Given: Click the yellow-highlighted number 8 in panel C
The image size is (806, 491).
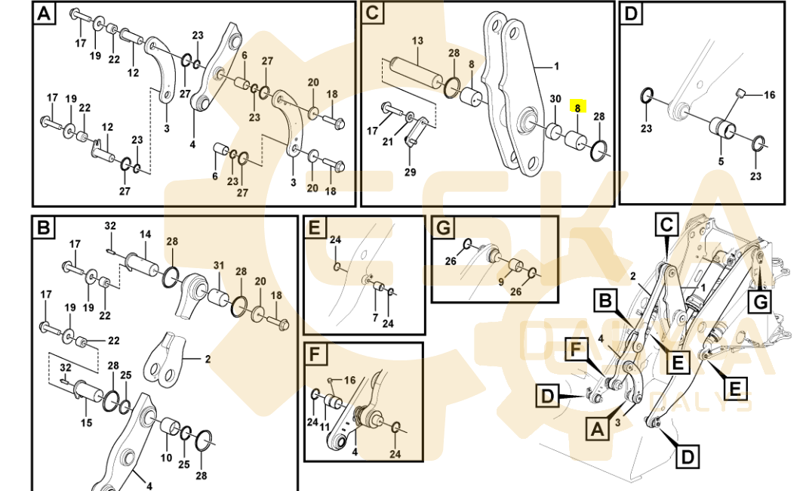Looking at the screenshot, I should (x=578, y=108).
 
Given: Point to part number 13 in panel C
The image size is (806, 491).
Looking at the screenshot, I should (x=417, y=40).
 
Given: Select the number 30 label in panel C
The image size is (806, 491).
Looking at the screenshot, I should (x=555, y=99).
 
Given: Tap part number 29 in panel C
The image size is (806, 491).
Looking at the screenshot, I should (x=410, y=173).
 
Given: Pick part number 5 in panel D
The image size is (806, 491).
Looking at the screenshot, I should (x=720, y=161).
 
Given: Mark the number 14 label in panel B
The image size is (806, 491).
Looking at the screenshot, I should (x=145, y=235).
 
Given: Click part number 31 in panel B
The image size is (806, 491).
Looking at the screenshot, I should (x=219, y=265).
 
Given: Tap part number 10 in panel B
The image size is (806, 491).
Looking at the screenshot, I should (x=166, y=458).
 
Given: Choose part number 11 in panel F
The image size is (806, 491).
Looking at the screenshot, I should (x=325, y=428).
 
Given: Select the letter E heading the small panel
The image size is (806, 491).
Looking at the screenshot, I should (x=315, y=228).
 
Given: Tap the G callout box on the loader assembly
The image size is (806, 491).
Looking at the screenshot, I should (x=760, y=302).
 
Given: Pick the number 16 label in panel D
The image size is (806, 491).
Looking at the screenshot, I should (x=769, y=95).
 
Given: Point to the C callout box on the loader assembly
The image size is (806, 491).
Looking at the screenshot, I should (x=666, y=224).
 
